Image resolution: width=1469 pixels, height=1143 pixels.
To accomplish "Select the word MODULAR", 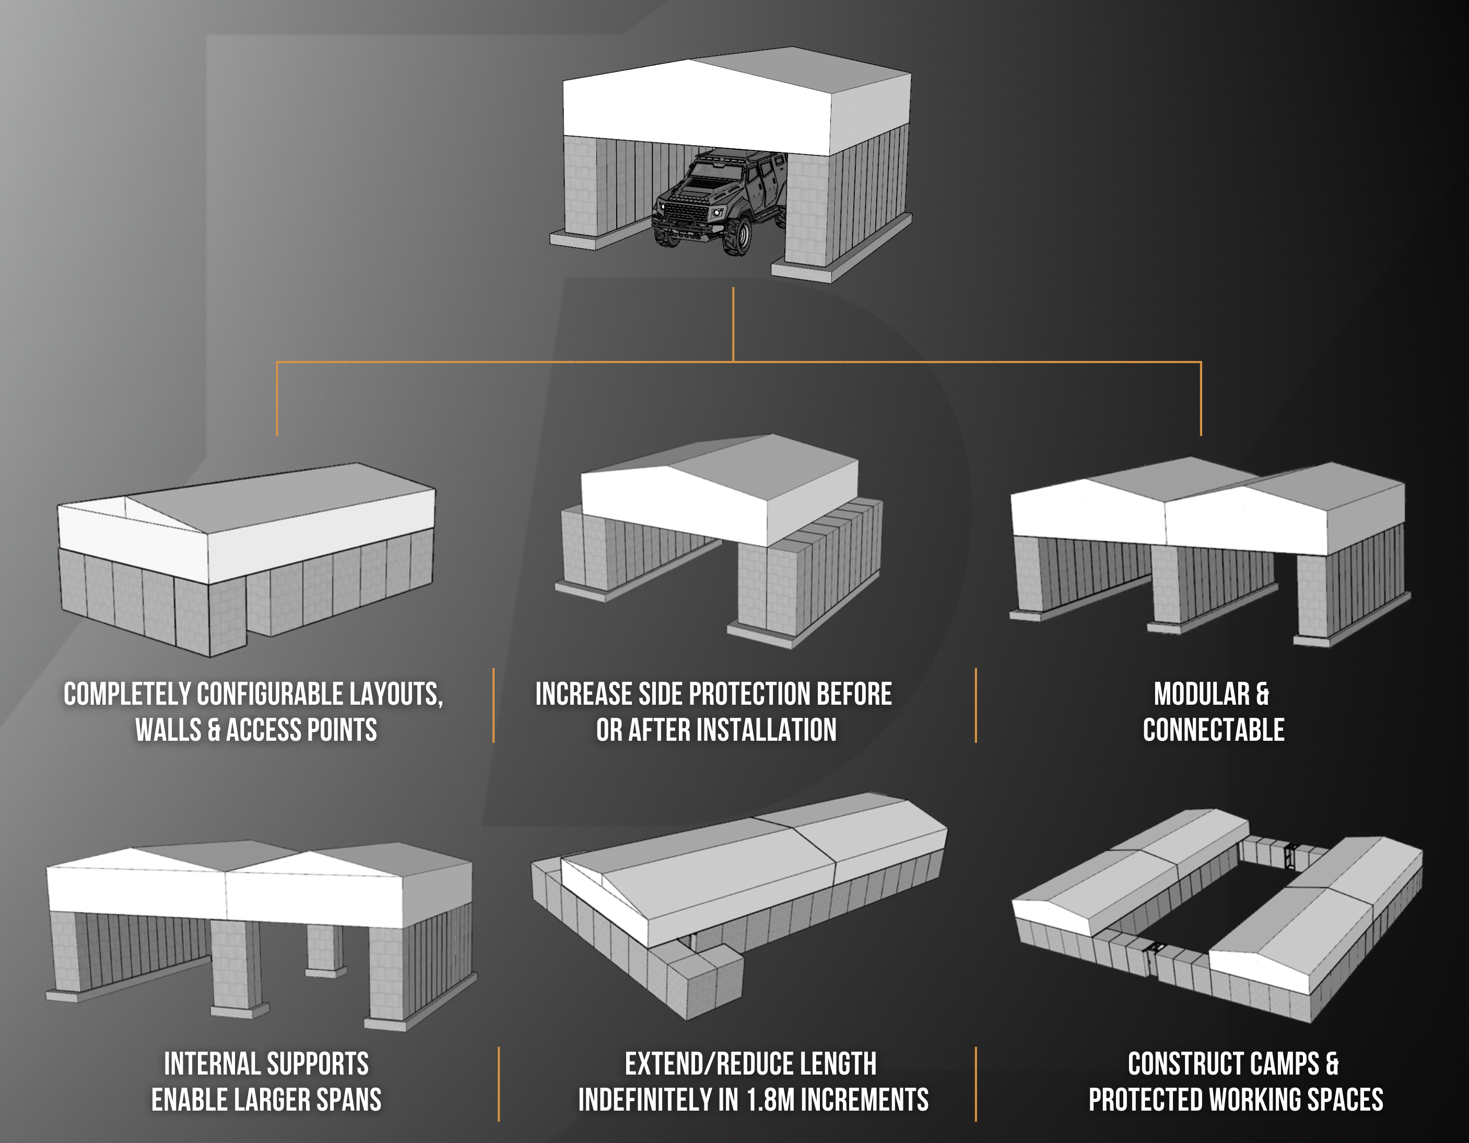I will pyautogui.click(x=1201, y=694).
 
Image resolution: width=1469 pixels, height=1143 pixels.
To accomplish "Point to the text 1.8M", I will pyautogui.click(x=771, y=1101).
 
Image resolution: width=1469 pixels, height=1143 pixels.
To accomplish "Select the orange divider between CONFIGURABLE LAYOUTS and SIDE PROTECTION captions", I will pyautogui.click(x=493, y=705).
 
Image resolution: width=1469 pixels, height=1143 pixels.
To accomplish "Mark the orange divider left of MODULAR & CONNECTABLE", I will pyautogui.click(x=976, y=705).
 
